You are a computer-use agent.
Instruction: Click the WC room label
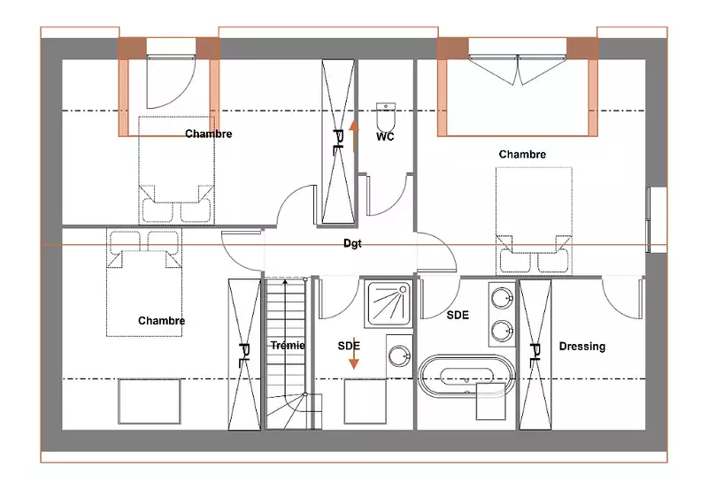385,136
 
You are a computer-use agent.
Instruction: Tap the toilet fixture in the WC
386,117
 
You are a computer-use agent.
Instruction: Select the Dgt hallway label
352,243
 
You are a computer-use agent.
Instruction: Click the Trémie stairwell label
289,345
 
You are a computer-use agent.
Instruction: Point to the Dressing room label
582,347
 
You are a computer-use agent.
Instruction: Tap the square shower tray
389,304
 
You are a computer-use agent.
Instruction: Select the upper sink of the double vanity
502,298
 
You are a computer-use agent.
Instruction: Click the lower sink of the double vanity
502,331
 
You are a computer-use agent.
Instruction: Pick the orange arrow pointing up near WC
354,135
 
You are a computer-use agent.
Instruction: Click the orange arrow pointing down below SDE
354,354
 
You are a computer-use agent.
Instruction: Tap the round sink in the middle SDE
400,356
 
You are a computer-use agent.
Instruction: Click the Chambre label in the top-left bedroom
209,134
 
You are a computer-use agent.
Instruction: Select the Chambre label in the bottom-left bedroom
162,321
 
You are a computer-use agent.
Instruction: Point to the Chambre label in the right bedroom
522,154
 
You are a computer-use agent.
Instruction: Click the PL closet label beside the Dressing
535,352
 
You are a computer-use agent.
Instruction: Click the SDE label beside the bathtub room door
458,315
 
